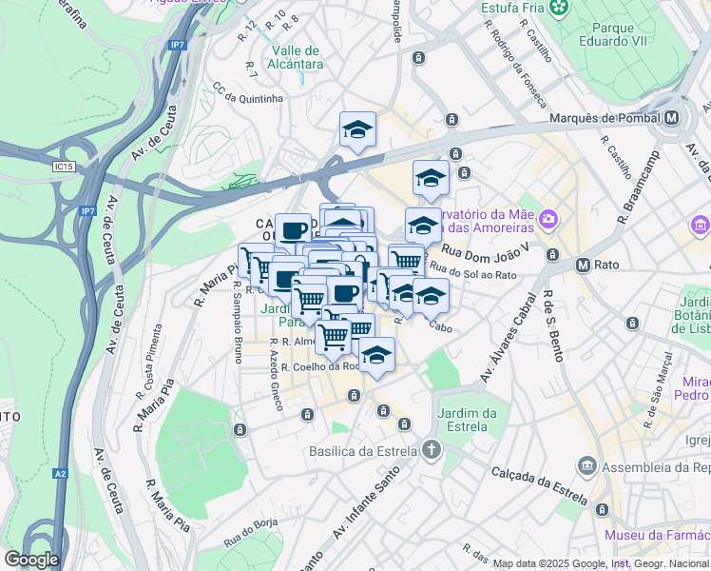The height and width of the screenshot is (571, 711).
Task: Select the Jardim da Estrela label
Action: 468,419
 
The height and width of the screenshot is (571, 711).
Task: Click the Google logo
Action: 31,560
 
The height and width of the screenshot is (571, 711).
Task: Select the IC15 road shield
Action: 64,167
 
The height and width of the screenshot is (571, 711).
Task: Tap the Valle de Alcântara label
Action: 297,57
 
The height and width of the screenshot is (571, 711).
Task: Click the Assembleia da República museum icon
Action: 586,465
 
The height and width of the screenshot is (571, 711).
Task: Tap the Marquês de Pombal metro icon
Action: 673,118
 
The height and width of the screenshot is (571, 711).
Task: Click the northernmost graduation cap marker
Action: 357,129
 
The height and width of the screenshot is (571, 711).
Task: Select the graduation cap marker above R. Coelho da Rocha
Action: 377,356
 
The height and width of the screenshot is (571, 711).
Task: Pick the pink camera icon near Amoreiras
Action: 548,221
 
